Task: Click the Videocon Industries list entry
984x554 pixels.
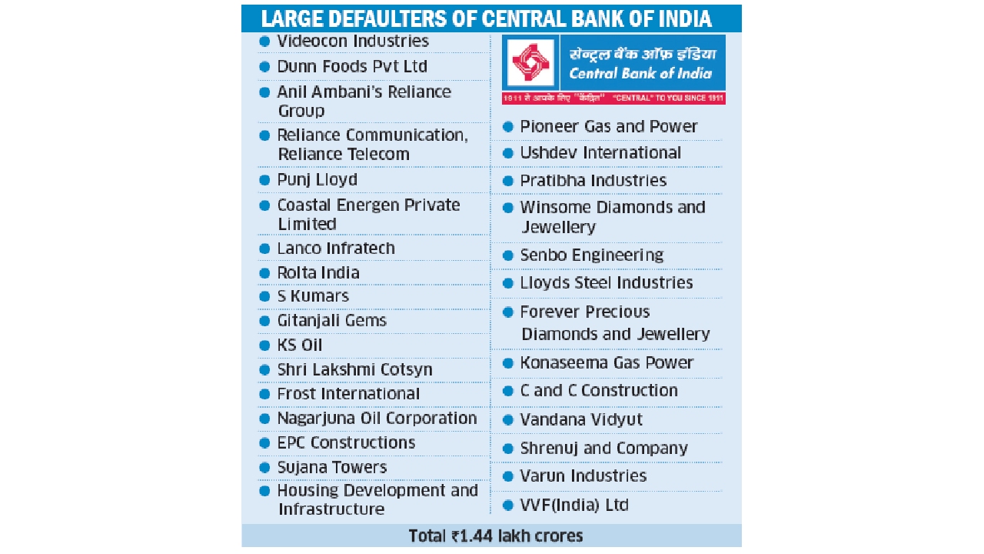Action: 353,42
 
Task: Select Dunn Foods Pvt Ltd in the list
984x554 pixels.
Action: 352,67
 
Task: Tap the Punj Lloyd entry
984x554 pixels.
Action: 317,180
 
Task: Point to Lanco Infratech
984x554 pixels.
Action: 336,249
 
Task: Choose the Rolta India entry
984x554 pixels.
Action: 318,273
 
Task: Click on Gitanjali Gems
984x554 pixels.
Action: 331,321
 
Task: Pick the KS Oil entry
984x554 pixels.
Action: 300,345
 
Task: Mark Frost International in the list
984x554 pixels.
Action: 348,394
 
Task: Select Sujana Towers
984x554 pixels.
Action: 332,467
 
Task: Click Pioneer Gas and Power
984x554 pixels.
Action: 608,126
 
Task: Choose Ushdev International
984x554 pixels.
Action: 600,153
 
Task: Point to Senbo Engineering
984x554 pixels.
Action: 591,255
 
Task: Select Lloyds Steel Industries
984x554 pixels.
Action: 607,283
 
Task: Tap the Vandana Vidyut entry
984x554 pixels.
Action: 581,420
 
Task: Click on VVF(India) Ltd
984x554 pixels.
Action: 574,506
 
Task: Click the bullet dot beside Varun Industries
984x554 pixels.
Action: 507,476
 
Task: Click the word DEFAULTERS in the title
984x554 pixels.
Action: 384,18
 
